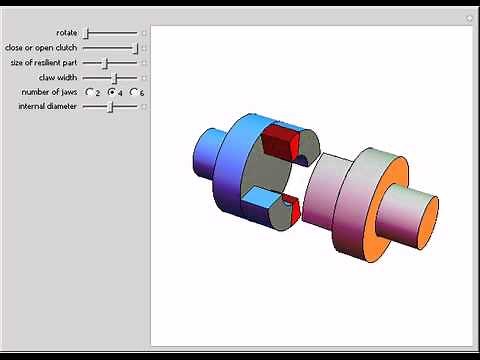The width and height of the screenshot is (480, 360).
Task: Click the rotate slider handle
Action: pyautogui.click(x=86, y=33)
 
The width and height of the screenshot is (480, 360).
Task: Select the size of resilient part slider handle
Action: pyautogui.click(x=105, y=62)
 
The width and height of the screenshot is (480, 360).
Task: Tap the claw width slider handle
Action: pyautogui.click(x=115, y=77)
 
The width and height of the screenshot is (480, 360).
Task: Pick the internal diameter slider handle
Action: pyautogui.click(x=110, y=106)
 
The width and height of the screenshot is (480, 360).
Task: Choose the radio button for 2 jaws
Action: pyautogui.click(x=89, y=92)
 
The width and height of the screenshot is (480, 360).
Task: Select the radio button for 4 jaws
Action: pyautogui.click(x=111, y=92)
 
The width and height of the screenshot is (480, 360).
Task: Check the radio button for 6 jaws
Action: pyautogui.click(x=133, y=92)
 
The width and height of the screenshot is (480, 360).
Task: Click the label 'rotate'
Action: pyautogui.click(x=66, y=33)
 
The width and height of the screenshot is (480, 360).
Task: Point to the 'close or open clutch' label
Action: pyautogui.click(x=40, y=47)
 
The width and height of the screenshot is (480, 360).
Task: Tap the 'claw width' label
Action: pyautogui.click(x=58, y=77)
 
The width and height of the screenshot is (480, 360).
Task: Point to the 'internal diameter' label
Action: pyautogui.click(x=47, y=106)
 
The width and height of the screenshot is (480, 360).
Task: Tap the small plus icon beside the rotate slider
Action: pyautogui.click(x=144, y=33)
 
